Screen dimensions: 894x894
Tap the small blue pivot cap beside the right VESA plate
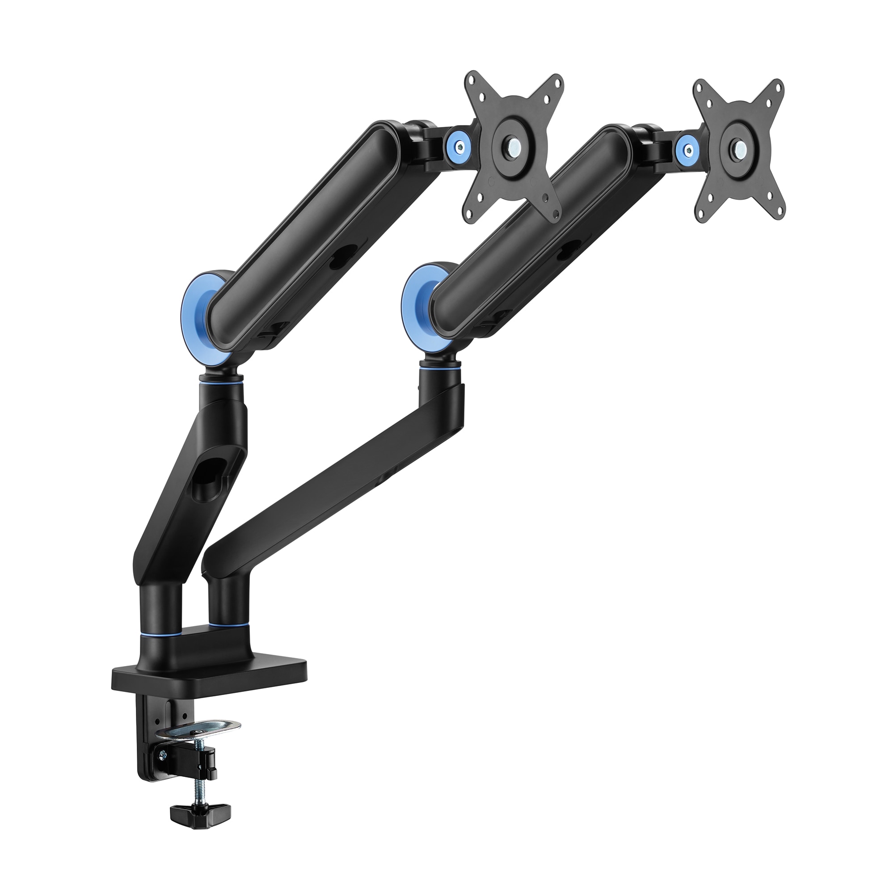(688, 148)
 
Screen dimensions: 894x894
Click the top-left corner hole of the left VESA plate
(472, 80)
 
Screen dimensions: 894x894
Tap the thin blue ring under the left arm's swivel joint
(221, 369)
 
